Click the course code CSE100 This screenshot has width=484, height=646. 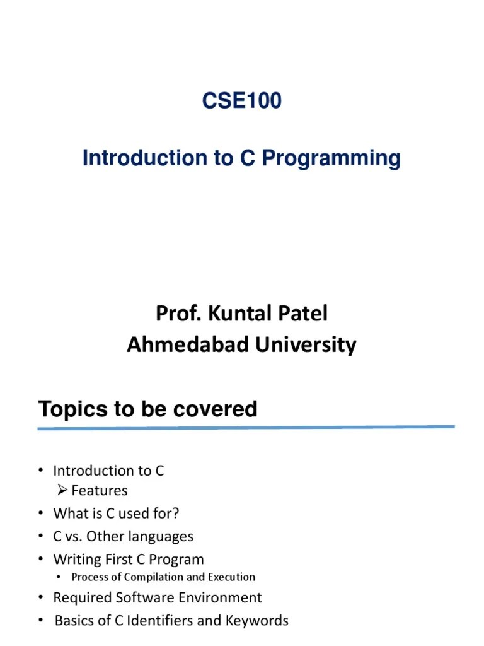tap(241, 101)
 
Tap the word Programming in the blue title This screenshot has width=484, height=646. tap(331, 158)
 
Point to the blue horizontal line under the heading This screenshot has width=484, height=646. tap(246, 428)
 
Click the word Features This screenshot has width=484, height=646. tap(100, 491)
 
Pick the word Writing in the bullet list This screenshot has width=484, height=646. tap(77, 560)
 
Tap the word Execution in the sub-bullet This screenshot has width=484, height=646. tap(231, 577)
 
